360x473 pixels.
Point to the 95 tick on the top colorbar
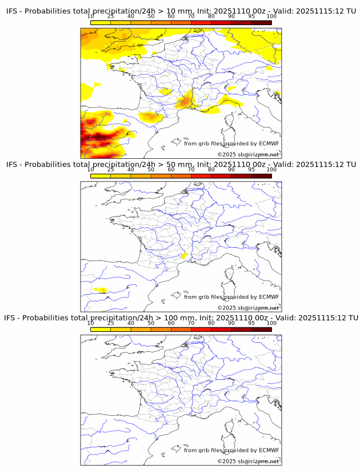[x=251, y=16]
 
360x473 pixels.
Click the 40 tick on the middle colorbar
[x=131, y=170]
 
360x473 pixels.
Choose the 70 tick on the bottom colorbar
[x=191, y=323]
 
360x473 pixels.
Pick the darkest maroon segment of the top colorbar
[x=261, y=22]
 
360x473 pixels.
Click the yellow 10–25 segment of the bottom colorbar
[x=101, y=329]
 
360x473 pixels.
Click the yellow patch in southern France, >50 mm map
[x=184, y=255]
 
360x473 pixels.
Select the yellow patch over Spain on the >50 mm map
[x=101, y=290]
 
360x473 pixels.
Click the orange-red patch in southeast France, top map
[x=184, y=102]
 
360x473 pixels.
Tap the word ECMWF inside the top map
[x=269, y=143]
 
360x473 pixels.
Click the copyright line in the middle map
[x=248, y=308]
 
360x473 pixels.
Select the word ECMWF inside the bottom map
[x=269, y=450]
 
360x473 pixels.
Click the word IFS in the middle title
[x=12, y=165]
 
